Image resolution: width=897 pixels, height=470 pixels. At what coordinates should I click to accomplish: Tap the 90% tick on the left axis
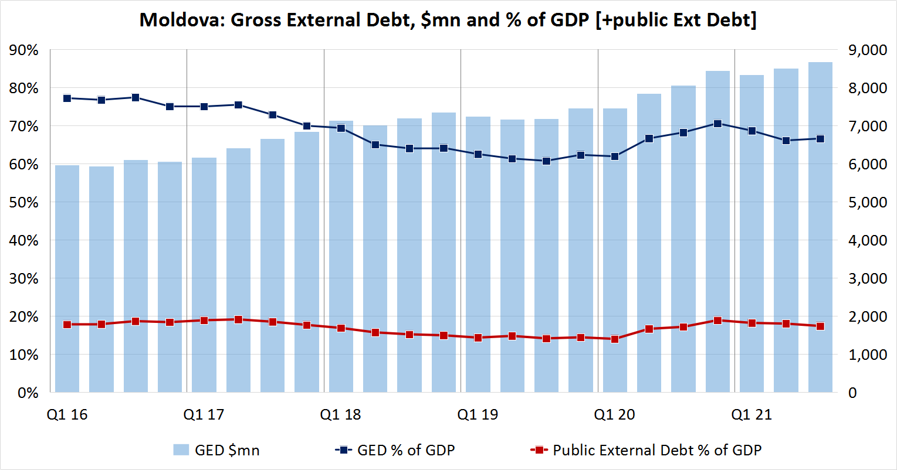pos(23,50)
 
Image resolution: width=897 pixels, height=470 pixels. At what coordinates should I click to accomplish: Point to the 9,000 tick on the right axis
pos(867,50)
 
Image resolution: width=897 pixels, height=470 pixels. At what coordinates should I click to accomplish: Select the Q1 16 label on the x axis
pos(67,414)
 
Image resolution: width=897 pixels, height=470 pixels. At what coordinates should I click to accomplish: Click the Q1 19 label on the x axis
pos(478,414)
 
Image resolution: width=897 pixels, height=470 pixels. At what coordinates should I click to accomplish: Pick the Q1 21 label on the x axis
pos(752,414)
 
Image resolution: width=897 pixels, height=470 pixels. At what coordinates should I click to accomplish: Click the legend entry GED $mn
pos(216,450)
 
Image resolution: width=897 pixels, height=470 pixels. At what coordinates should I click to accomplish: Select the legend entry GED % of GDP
pos(395,450)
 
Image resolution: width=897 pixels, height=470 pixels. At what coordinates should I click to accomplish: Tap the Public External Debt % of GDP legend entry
pos(645,450)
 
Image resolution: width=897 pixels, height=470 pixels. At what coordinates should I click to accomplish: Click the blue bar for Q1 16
pos(67,278)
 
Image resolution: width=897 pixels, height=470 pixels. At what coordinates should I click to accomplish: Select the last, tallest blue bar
pos(820,227)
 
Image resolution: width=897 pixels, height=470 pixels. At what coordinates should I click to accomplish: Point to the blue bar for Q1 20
pos(615,250)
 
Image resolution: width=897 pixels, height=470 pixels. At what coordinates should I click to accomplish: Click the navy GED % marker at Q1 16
pos(67,98)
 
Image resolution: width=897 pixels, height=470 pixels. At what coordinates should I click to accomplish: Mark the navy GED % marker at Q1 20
pos(615,156)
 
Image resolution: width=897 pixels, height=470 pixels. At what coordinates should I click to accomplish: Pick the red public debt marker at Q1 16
pos(67,325)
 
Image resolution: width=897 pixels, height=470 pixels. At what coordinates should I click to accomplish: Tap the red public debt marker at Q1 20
pos(615,339)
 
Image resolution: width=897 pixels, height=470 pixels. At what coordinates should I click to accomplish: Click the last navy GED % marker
pos(820,139)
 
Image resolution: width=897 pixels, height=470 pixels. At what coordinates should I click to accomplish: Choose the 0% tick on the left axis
pos(28,393)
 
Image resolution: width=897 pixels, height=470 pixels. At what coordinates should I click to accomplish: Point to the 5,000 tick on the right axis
pos(867,202)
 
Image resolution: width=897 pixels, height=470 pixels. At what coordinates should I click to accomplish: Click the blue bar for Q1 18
pos(341,257)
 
